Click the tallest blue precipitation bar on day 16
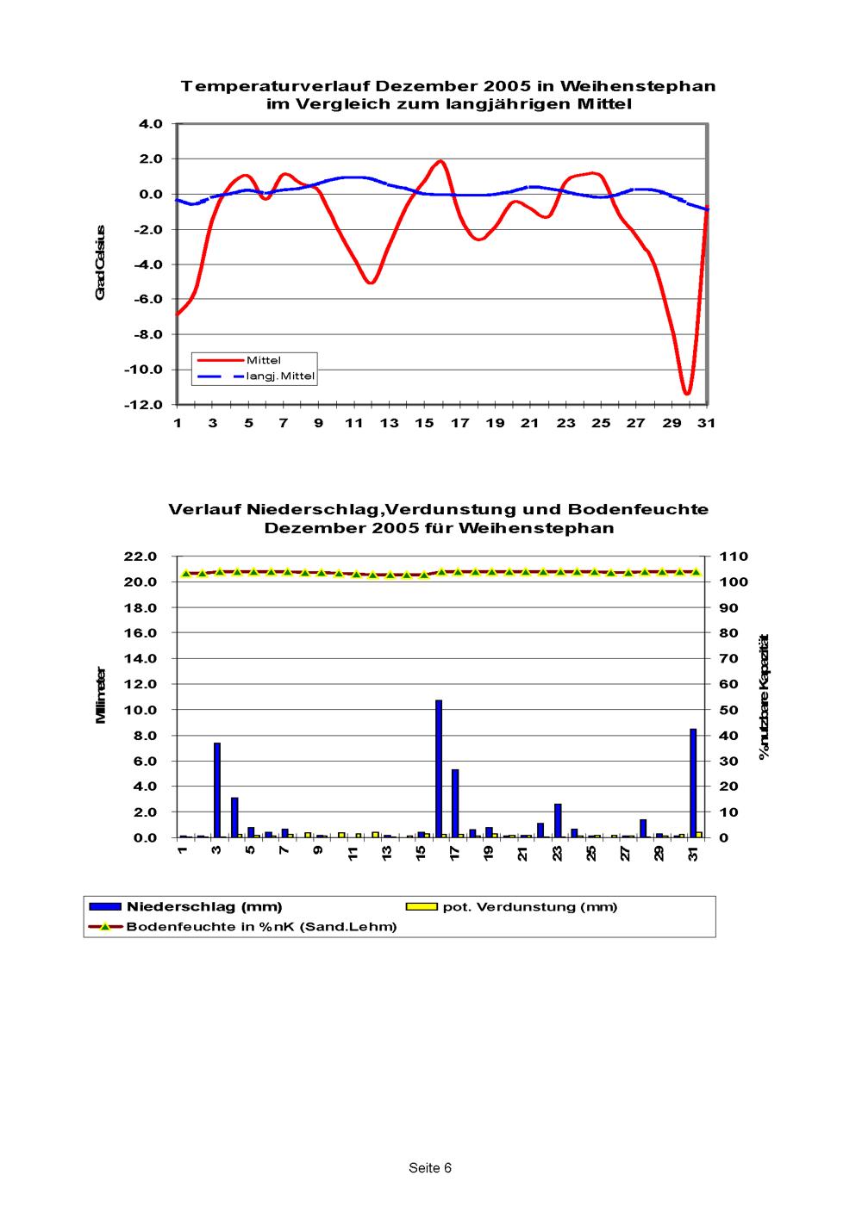click(x=439, y=768)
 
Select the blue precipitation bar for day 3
click(x=217, y=789)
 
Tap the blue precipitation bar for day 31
click(x=693, y=782)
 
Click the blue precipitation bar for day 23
click(x=558, y=820)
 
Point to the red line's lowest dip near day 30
click(x=687, y=393)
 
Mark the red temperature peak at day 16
click(x=440, y=161)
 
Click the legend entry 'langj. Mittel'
click(x=281, y=376)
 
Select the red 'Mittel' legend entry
click(x=264, y=360)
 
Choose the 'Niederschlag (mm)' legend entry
click(x=204, y=906)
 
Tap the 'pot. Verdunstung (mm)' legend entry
click(x=530, y=906)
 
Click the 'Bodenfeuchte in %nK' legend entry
click(x=261, y=927)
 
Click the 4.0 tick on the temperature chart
click(x=151, y=124)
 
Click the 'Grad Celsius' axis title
click(x=101, y=263)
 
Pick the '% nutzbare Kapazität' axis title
click(x=763, y=697)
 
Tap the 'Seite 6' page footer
click(x=430, y=1168)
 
